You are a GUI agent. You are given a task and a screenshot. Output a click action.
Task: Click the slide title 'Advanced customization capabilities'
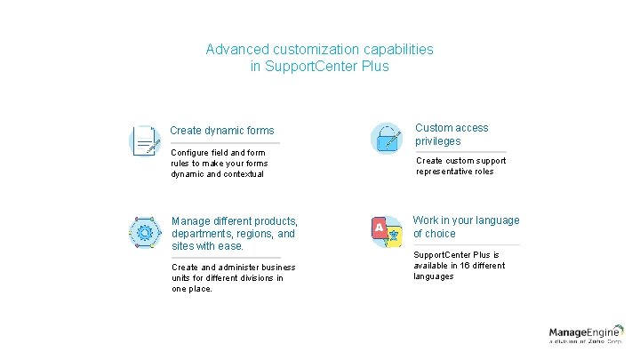319,50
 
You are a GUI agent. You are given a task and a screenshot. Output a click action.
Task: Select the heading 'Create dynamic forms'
222,131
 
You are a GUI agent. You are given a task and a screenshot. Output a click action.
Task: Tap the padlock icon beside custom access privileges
386,139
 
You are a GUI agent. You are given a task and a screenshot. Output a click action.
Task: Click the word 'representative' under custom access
448,172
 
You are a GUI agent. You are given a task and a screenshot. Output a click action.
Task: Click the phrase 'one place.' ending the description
192,289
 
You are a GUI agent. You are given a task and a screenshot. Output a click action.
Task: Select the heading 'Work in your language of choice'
466,227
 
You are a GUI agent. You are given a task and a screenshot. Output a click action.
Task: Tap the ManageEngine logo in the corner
586,335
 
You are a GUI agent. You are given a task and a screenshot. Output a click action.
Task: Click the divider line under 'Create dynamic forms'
225,143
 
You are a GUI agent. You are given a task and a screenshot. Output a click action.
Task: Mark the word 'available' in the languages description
432,266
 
